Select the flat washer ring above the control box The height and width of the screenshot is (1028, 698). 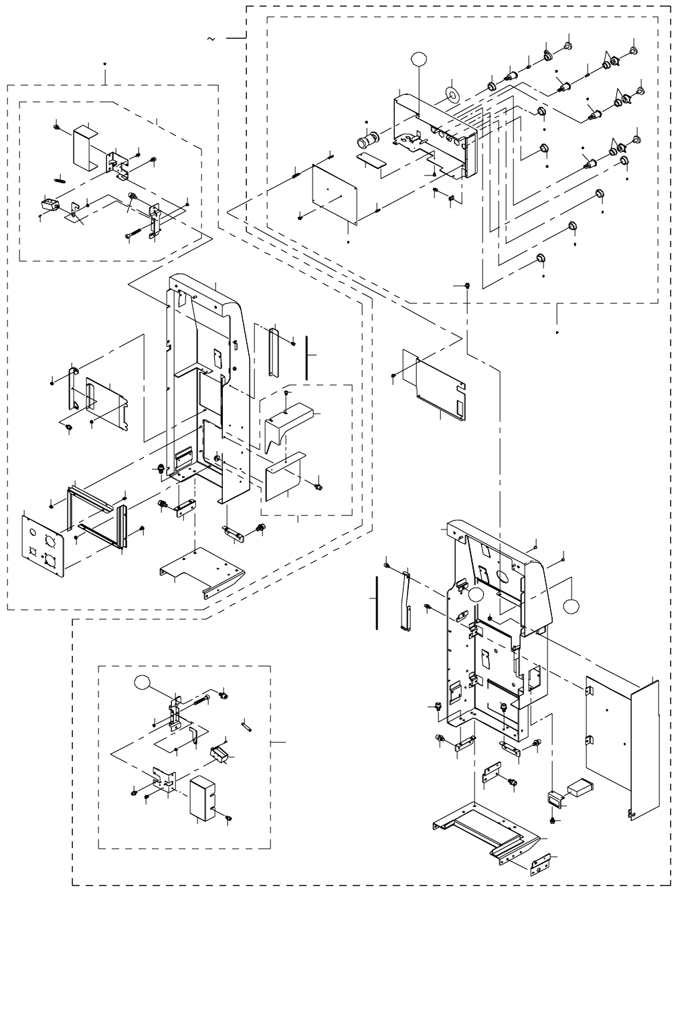(x=451, y=94)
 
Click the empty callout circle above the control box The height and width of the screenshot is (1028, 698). (x=418, y=59)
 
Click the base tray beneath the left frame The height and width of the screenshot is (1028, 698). (x=202, y=571)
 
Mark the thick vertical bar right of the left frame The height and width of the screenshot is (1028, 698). (x=306, y=357)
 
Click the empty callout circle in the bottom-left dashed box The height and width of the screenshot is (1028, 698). (x=142, y=683)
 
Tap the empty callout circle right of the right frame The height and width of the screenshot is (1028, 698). (x=570, y=606)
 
